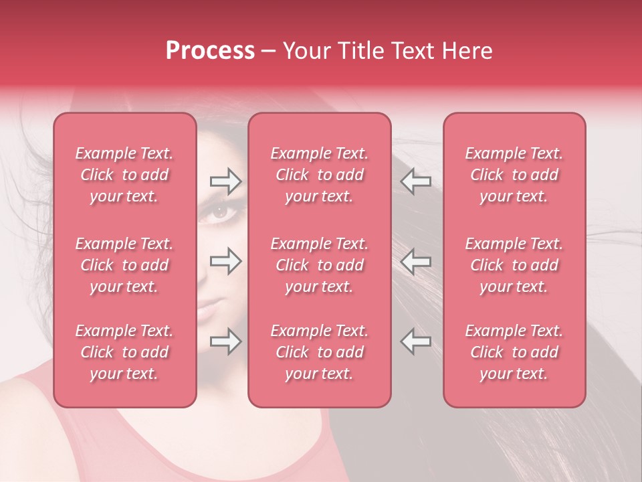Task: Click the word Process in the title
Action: click(210, 51)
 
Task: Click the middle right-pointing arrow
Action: click(225, 261)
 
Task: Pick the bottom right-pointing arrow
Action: click(225, 342)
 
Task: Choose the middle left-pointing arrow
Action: click(415, 261)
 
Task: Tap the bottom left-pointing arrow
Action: click(415, 342)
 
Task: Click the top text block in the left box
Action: click(124, 175)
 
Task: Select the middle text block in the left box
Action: click(124, 265)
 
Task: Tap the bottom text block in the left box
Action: click(124, 352)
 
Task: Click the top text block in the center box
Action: click(320, 175)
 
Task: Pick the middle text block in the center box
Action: click(320, 265)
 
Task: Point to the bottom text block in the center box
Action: click(320, 352)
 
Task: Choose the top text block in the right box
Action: click(514, 175)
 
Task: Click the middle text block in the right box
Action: click(514, 265)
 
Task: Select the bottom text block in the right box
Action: click(514, 352)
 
